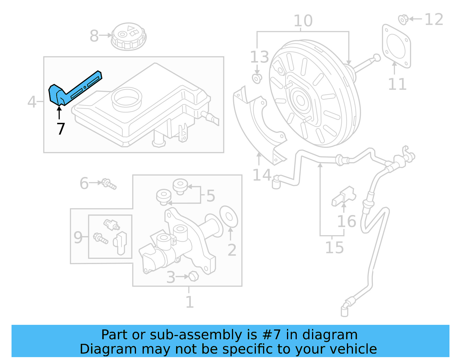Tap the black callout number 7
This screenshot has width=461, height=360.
click(x=61, y=129)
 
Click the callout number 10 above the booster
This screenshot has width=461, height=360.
click(x=303, y=21)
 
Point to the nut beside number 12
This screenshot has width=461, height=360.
click(x=403, y=19)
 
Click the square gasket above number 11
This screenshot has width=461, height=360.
click(x=396, y=46)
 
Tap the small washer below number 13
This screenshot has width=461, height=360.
click(x=257, y=78)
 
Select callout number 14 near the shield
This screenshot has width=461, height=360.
click(x=262, y=175)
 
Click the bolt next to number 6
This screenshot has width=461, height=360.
click(x=109, y=184)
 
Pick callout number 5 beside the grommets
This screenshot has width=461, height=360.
click(x=211, y=196)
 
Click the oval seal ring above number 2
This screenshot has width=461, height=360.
click(x=229, y=217)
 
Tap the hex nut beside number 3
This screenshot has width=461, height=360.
click(x=194, y=276)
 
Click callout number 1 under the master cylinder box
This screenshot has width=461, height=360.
click(x=189, y=302)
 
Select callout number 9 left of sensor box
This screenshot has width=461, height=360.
click(x=78, y=238)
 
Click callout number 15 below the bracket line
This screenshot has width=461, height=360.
click(x=334, y=248)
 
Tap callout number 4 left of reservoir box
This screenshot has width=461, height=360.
click(x=32, y=102)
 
